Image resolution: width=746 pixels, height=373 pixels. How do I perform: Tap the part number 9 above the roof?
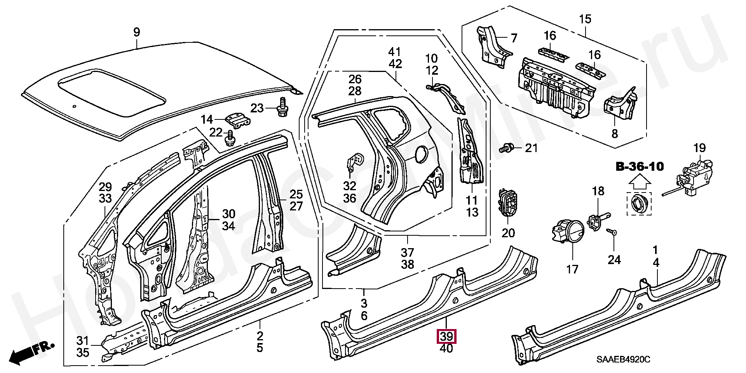136,32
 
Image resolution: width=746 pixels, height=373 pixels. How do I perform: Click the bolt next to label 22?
230,139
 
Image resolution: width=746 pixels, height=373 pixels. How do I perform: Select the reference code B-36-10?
640,167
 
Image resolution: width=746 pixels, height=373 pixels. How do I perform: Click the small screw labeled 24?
613,232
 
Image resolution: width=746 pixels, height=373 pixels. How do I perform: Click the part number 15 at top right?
585,19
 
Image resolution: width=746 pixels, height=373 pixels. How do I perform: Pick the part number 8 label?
614,134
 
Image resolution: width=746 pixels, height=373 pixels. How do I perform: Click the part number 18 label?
598,191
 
